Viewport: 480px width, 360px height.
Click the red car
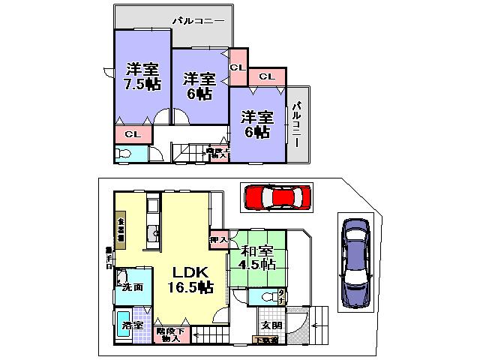tap(276, 198)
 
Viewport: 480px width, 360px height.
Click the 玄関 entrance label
tap(271, 325)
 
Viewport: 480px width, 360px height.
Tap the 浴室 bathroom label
tap(131, 326)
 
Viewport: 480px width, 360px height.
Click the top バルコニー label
tap(198, 21)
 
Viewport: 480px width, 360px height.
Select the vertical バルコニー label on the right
tap(296, 124)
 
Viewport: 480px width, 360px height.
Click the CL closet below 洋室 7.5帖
tap(133, 135)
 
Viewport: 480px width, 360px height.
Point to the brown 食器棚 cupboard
tap(120, 227)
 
